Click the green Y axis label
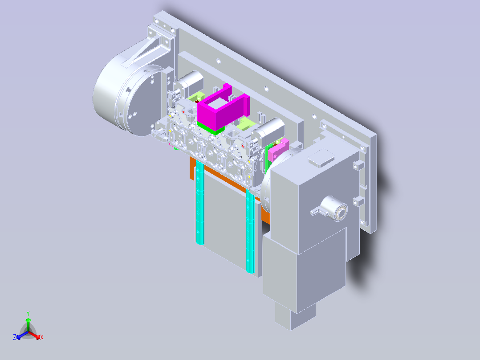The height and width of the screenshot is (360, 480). coord(28,313)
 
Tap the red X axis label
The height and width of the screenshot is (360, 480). coord(42,337)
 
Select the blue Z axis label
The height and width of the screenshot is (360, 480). coord(15,337)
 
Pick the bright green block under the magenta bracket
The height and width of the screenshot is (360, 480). coord(211,128)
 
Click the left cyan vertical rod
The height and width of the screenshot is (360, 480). coord(199,202)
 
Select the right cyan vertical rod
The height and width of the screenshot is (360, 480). coord(250,230)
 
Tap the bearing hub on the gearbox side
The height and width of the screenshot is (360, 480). coord(334,209)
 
